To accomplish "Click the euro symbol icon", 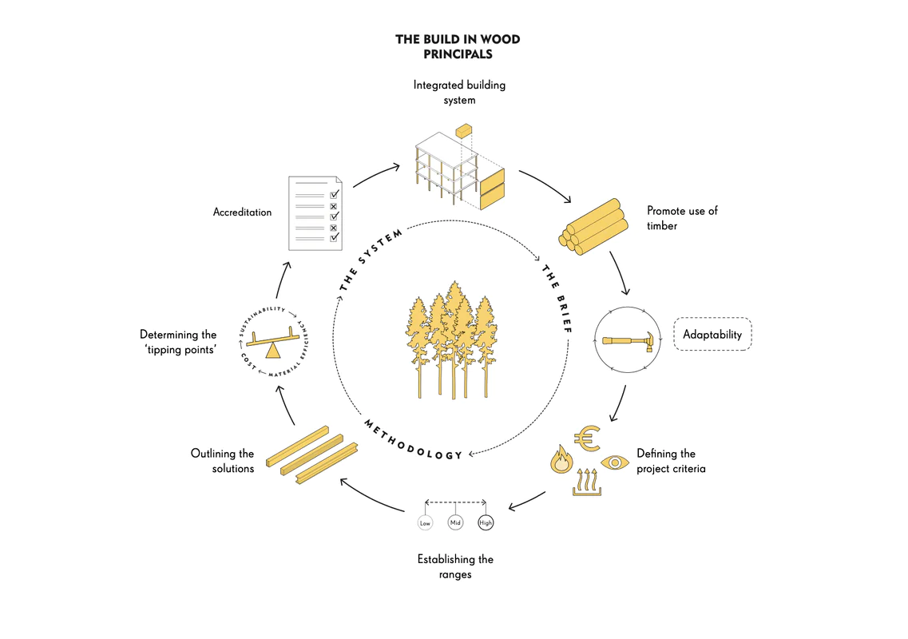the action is point(587,439).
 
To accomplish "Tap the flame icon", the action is point(561,459).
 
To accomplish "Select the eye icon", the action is point(614,463).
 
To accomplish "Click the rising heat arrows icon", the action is point(587,482).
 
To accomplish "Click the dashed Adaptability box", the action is point(712,334).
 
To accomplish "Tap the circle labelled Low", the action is point(425,523).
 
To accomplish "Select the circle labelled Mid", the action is point(456,522).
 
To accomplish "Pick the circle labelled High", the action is point(486,522).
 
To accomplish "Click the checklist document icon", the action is point(315,213).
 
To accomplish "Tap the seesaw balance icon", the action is point(273,343).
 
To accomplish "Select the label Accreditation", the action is point(242,212).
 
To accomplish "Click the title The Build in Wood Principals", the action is point(458,46).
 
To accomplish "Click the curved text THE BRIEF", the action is point(557,299).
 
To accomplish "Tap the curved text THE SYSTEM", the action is point(370,260).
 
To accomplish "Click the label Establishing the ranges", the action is point(455,566).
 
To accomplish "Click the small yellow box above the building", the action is point(464,132).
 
